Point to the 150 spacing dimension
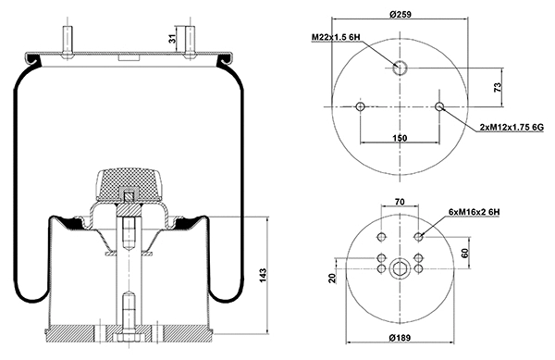click(400, 137)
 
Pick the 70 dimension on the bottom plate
click(400, 201)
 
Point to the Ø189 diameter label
click(400, 336)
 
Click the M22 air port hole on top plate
click(400, 67)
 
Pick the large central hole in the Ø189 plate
click(400, 269)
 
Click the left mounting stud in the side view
click(68, 39)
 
